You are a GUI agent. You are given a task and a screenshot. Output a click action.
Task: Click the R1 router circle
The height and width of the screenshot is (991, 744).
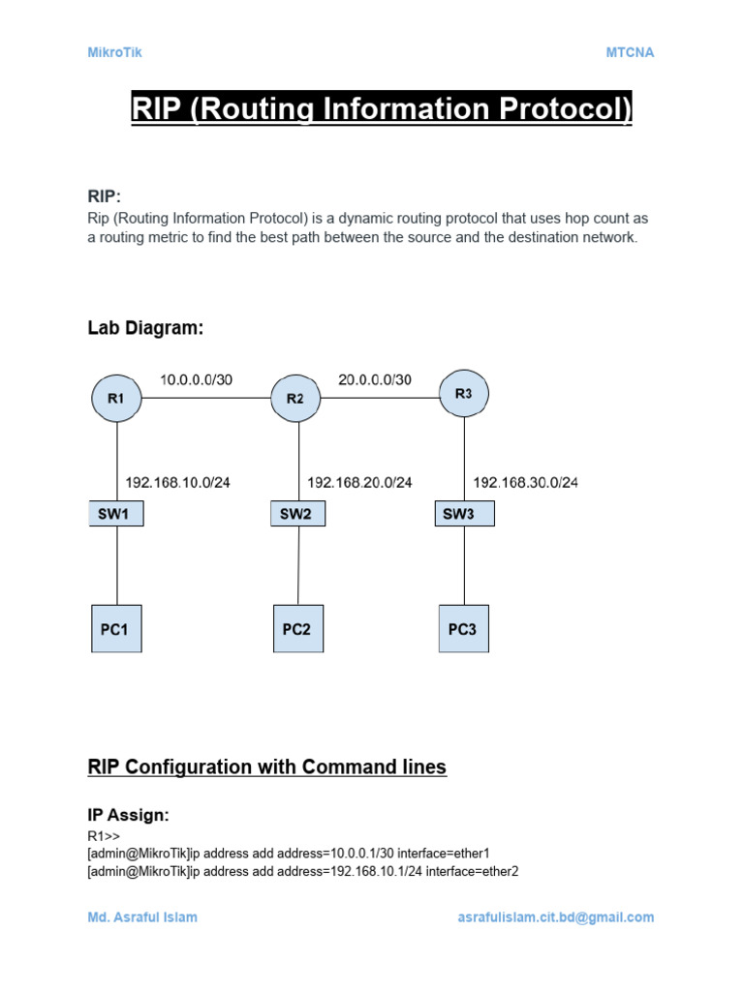(x=117, y=396)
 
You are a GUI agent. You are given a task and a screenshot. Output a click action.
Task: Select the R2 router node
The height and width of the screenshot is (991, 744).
(x=294, y=398)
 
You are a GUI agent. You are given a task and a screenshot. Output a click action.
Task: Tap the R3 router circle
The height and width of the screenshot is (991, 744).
(x=463, y=394)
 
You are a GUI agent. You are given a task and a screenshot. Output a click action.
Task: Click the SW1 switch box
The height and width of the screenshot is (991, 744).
(x=117, y=514)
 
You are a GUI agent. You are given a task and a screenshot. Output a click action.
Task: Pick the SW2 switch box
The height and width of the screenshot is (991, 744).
(x=296, y=514)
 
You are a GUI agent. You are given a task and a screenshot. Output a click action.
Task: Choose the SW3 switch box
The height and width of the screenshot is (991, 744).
(x=464, y=514)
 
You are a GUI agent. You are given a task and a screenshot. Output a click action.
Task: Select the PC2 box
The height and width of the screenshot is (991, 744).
(x=296, y=629)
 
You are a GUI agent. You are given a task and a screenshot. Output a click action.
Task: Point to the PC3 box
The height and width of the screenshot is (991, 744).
(x=463, y=629)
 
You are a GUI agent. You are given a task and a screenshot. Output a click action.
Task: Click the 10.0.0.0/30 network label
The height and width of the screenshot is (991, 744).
(x=197, y=379)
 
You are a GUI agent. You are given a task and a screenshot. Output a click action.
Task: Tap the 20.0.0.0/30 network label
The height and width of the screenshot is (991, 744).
(x=375, y=379)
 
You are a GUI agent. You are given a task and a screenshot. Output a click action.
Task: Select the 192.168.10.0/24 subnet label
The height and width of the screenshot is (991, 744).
(x=178, y=482)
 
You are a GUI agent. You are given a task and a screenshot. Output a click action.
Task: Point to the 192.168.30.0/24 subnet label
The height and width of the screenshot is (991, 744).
(x=525, y=482)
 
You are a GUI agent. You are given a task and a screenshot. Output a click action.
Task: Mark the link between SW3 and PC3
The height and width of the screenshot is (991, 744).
(x=464, y=565)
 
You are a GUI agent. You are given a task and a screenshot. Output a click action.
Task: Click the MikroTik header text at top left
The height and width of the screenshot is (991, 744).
(x=114, y=52)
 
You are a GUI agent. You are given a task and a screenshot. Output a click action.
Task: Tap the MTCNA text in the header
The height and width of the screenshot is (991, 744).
(x=630, y=52)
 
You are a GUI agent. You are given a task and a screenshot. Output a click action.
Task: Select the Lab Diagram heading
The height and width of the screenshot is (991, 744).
(x=145, y=328)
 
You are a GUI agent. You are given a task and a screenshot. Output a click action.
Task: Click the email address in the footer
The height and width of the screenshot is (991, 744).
(x=555, y=916)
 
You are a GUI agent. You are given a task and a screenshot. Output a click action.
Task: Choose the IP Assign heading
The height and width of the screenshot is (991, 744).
(x=128, y=815)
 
